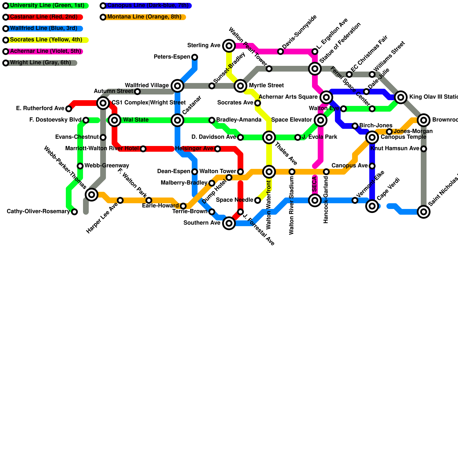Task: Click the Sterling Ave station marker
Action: (229, 46)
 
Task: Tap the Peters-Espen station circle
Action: (195, 57)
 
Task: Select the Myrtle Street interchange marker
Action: (240, 86)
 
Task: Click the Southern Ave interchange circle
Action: (229, 223)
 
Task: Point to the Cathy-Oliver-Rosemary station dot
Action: (74, 212)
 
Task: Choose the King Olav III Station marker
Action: (401, 97)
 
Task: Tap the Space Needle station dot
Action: (258, 200)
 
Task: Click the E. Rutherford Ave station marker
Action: (69, 109)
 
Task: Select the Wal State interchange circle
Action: (114, 120)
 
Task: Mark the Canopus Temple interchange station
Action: (372, 138)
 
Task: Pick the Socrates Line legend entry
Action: (46, 40)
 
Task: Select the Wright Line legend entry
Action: (40, 63)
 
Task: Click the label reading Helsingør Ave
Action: (194, 149)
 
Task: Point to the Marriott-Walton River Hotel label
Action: (102, 149)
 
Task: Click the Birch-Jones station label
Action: (376, 126)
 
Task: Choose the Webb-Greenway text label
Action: (107, 166)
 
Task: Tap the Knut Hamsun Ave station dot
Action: (424, 149)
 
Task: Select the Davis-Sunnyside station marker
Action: (281, 52)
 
